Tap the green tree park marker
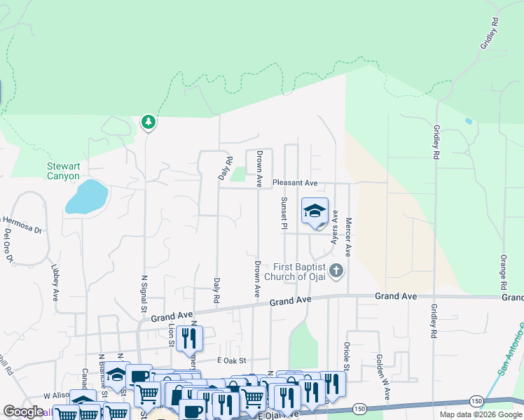tap(148, 122)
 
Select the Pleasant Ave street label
tap(295, 183)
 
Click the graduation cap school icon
tap(315, 211)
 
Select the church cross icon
tap(336, 270)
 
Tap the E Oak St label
tap(233, 360)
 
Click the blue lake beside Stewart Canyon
tap(86, 197)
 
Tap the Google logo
tap(23, 412)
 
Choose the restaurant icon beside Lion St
tap(188, 338)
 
